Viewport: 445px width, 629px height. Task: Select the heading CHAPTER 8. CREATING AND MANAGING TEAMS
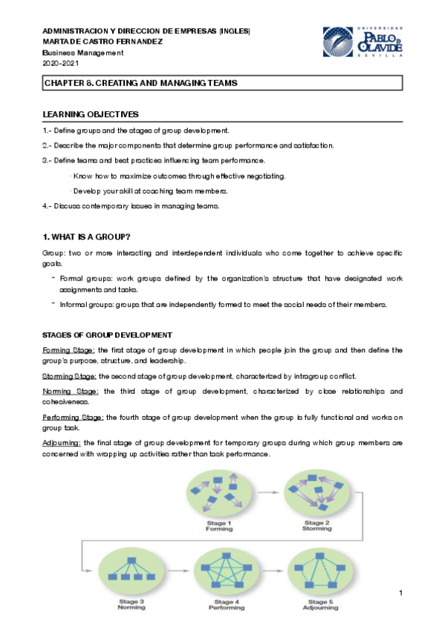[140, 84]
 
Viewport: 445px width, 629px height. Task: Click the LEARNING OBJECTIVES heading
[91, 115]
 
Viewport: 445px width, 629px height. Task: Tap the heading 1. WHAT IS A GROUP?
[87, 237]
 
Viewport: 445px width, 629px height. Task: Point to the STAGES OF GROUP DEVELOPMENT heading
[108, 335]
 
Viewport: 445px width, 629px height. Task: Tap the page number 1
[400, 593]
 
